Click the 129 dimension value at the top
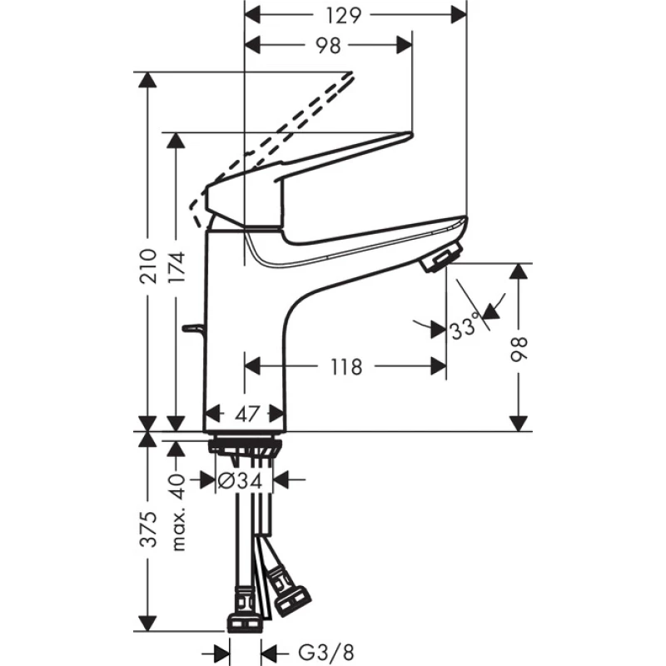pyautogui.click(x=343, y=16)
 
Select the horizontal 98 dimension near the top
pyautogui.click(x=328, y=46)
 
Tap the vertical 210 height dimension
pyautogui.click(x=148, y=266)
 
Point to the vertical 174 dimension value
pyautogui.click(x=176, y=267)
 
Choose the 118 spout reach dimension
pyautogui.click(x=346, y=366)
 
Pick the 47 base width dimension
pyautogui.click(x=246, y=413)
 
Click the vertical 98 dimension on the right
pyautogui.click(x=519, y=349)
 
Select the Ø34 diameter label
pyautogui.click(x=240, y=480)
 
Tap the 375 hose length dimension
pyautogui.click(x=149, y=529)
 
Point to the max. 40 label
pyautogui.click(x=178, y=513)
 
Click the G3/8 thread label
pyautogui.click(x=326, y=653)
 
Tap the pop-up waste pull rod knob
pyautogui.click(x=193, y=327)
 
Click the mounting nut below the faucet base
pyautogui.click(x=245, y=447)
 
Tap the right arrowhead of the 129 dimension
pyautogui.click(x=459, y=16)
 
